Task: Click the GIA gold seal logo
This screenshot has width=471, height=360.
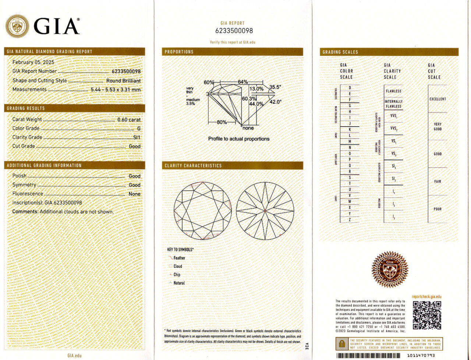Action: [17, 26]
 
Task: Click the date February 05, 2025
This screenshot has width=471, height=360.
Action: [33, 62]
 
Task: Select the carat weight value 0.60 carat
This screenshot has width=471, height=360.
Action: [129, 120]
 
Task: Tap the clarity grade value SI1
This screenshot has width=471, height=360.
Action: [137, 137]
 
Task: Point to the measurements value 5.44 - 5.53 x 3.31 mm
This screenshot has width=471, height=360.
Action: [116, 89]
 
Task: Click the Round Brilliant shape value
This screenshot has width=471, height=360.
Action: [123, 81]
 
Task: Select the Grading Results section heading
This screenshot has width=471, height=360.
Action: [26, 108]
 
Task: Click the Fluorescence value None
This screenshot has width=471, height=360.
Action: [134, 194]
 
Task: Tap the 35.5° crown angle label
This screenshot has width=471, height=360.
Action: [275, 87]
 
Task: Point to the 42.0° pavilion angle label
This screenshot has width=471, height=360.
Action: [275, 102]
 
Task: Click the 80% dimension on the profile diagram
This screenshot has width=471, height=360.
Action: [222, 122]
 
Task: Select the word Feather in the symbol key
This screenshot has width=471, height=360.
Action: [179, 258]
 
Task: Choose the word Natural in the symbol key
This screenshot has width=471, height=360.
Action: [179, 283]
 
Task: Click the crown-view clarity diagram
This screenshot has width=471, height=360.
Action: [202, 211]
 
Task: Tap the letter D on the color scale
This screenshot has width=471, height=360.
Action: [350, 88]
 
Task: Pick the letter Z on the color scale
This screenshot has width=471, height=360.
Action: [350, 220]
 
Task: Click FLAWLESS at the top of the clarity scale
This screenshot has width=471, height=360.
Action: [393, 91]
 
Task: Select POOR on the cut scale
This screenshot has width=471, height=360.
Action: [438, 209]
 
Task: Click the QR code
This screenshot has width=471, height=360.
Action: [427, 315]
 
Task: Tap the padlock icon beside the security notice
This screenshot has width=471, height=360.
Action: [342, 344]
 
